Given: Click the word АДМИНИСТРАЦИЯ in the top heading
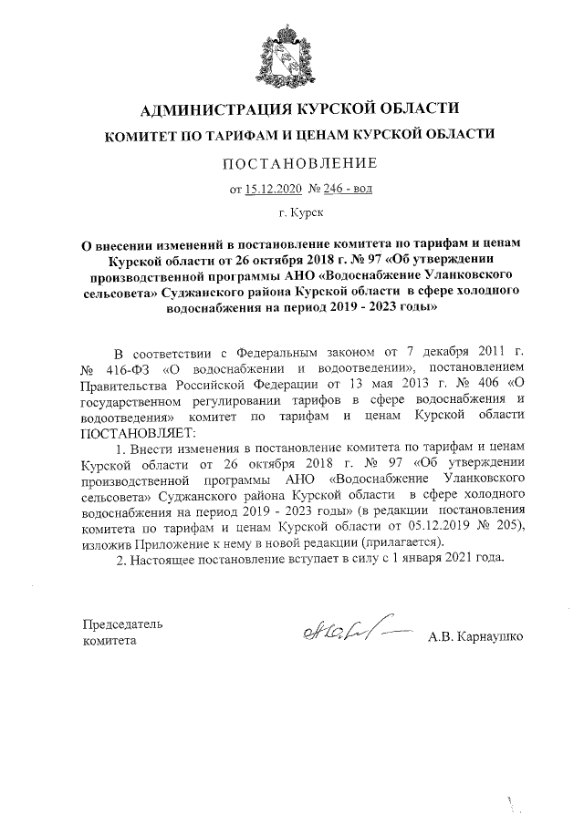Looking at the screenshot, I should (211, 112).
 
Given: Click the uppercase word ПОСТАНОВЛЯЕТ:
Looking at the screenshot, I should (131, 430).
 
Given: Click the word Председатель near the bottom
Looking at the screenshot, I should (122, 624).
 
